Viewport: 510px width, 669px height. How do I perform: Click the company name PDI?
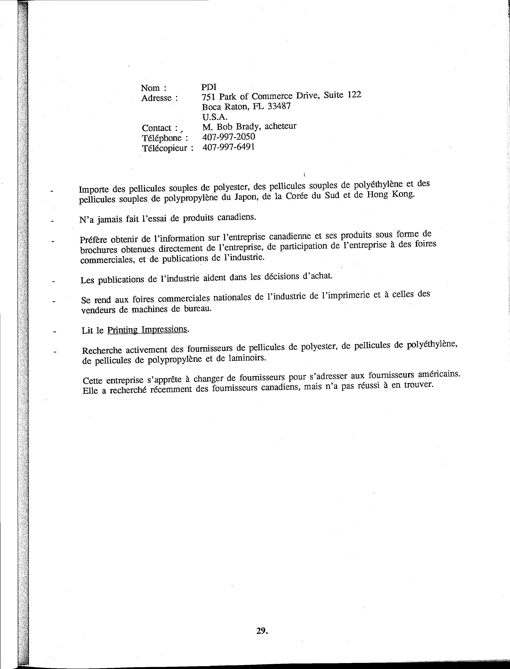(209, 87)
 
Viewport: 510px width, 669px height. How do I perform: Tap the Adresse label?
(157, 98)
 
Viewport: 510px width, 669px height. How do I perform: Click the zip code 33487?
(279, 106)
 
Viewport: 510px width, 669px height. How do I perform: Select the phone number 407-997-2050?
(229, 137)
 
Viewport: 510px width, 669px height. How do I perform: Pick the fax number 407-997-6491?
(229, 147)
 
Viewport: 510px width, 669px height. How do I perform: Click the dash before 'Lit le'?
(55, 332)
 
